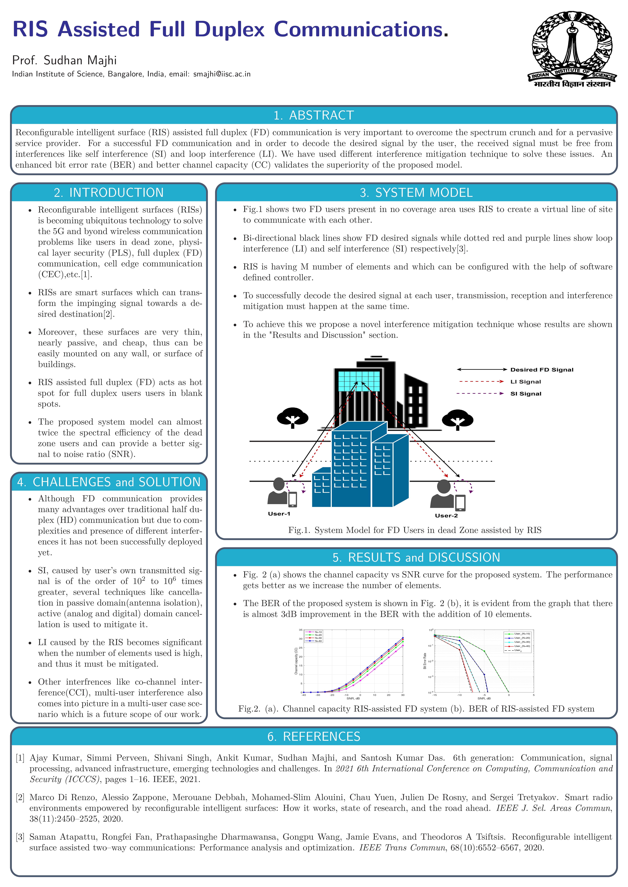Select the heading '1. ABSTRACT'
[x=314, y=115]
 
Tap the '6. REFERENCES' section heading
[x=314, y=736]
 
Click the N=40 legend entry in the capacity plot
[x=318, y=641]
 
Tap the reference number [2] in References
[x=20, y=797]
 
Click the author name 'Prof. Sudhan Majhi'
[x=64, y=60]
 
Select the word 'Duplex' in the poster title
[x=229, y=29]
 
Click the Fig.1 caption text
[x=415, y=530]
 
